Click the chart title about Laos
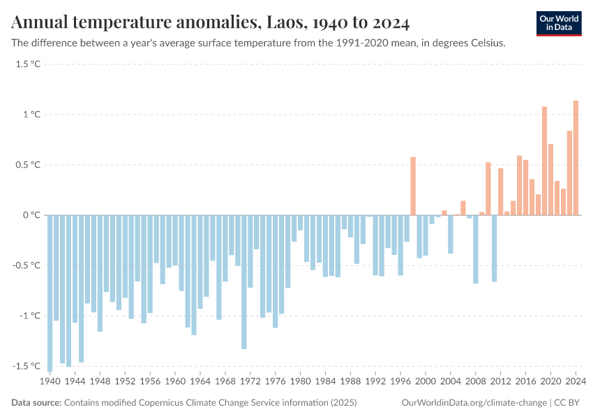tap(210, 23)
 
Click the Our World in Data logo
tap(558, 23)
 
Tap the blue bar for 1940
tap(50, 293)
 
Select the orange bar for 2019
tap(544, 161)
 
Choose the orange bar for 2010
tap(488, 189)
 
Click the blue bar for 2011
tap(495, 248)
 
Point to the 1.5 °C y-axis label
tap(29, 64)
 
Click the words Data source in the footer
tap(36, 403)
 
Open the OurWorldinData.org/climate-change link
tap(474, 403)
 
